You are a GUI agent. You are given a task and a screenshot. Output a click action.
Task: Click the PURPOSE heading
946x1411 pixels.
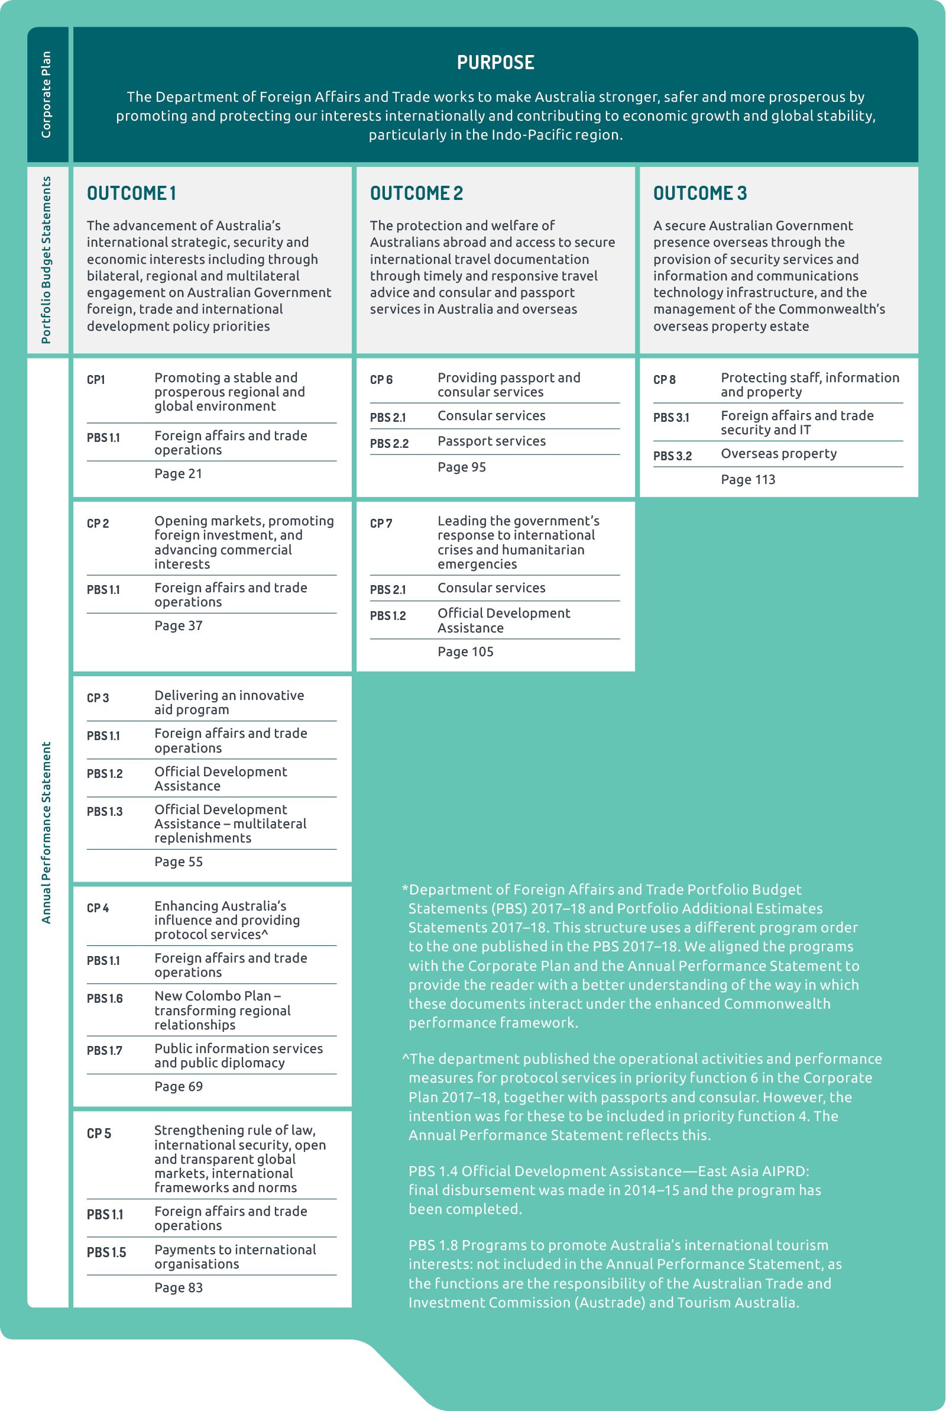click(495, 63)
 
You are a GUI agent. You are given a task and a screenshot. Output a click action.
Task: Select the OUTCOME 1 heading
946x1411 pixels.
click(131, 193)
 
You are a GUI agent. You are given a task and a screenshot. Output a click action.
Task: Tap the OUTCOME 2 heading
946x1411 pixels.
click(416, 193)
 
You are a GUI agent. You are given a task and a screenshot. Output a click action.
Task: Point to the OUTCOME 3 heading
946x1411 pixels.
click(700, 193)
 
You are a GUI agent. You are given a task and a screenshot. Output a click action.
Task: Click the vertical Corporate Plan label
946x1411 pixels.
click(47, 95)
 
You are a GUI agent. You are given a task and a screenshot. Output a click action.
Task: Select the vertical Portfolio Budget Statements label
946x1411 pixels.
click(47, 260)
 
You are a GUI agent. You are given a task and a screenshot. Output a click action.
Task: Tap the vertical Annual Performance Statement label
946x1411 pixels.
click(47, 832)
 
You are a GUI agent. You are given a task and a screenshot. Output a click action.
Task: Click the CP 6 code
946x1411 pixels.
click(381, 380)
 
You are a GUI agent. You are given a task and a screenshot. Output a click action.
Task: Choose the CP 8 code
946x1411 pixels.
click(664, 380)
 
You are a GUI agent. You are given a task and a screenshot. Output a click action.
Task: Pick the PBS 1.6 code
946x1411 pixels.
click(105, 998)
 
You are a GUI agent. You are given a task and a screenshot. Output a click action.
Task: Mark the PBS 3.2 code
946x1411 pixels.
click(672, 456)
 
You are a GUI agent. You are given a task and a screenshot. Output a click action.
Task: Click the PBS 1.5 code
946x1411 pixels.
click(106, 1252)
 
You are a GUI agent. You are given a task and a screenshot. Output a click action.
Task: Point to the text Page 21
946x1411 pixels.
click(178, 474)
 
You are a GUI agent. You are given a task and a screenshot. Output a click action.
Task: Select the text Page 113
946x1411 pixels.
click(747, 480)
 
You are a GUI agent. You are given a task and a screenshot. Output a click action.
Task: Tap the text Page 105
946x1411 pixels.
click(465, 652)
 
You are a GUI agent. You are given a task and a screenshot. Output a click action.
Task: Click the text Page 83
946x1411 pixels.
click(178, 1287)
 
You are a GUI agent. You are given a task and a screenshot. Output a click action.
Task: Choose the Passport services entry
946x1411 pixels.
click(491, 441)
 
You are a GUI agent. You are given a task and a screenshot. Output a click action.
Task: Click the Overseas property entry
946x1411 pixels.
click(778, 454)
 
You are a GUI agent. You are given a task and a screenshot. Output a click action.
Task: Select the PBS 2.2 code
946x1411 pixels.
click(389, 444)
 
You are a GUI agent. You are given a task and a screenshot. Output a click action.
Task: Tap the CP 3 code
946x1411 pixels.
click(98, 698)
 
